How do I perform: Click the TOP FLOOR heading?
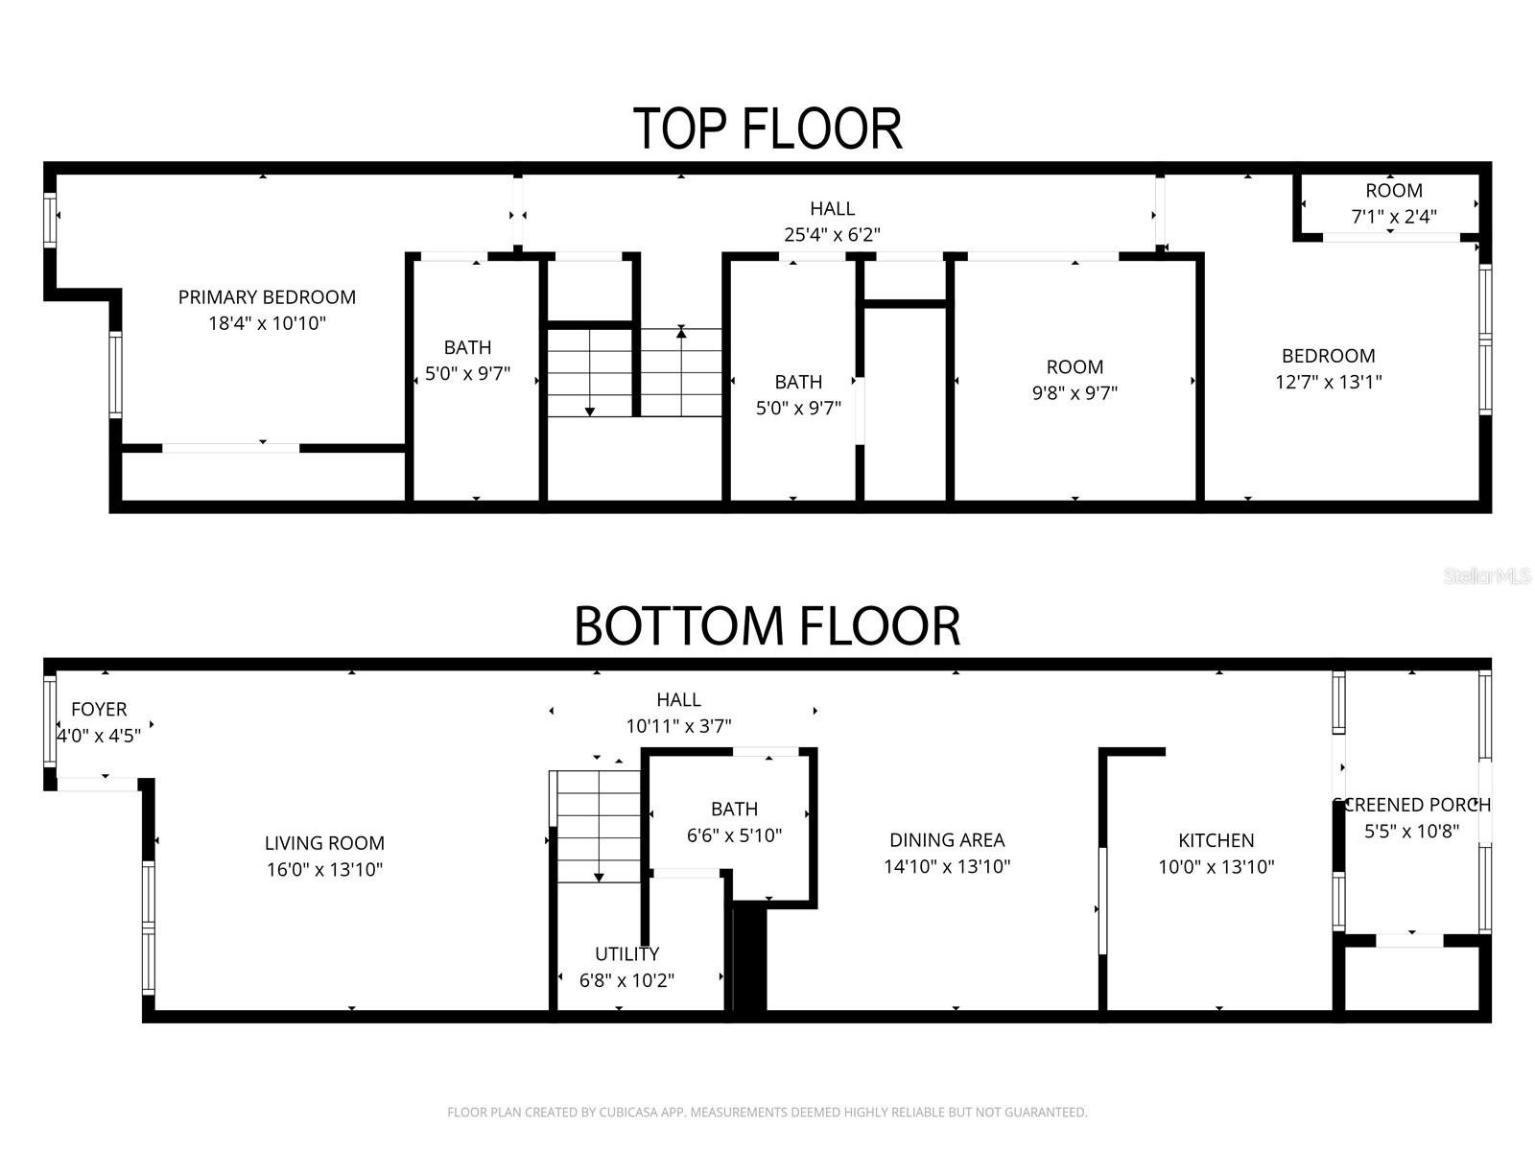pyautogui.click(x=767, y=129)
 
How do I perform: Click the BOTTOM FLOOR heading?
pyautogui.click(x=767, y=626)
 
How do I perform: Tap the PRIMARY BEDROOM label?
pyautogui.click(x=267, y=297)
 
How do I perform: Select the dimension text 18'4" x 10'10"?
pyautogui.click(x=267, y=323)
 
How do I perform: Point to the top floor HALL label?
pyautogui.click(x=832, y=208)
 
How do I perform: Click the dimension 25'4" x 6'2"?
pyautogui.click(x=832, y=234)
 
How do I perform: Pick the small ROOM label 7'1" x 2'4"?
pyautogui.click(x=1394, y=217)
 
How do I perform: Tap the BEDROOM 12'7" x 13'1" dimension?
pyautogui.click(x=1328, y=382)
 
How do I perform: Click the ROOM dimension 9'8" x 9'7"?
pyautogui.click(x=1074, y=392)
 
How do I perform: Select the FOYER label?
pyautogui.click(x=99, y=709)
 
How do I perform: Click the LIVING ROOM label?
pyautogui.click(x=324, y=843)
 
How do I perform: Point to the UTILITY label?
pyautogui.click(x=626, y=953)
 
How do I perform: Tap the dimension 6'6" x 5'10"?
pyautogui.click(x=734, y=835)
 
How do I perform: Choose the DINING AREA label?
pyautogui.click(x=947, y=840)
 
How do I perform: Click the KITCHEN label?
pyautogui.click(x=1216, y=840)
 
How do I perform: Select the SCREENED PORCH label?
pyautogui.click(x=1412, y=805)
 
